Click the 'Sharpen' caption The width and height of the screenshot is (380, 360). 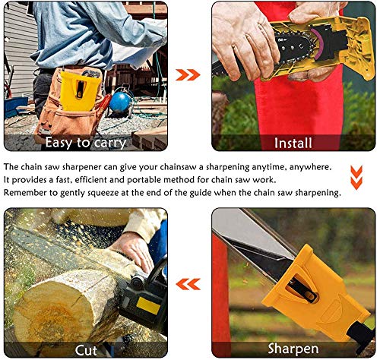point(293,349)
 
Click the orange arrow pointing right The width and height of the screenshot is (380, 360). point(188,75)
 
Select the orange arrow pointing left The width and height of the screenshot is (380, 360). point(188,284)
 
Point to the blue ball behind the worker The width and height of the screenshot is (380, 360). point(120,103)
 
